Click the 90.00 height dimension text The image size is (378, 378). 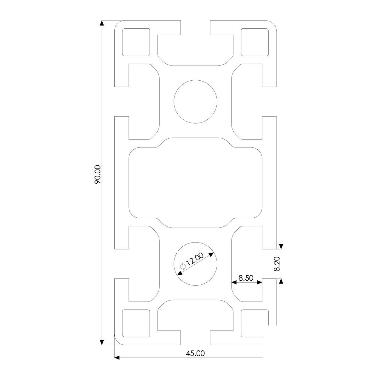(97, 175)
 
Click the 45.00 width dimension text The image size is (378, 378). (195, 353)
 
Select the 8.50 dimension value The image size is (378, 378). (246, 278)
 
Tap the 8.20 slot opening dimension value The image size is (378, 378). (277, 264)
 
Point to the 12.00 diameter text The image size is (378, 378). (195, 259)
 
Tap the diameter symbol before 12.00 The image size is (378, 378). (183, 266)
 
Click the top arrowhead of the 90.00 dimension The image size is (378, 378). (102, 23)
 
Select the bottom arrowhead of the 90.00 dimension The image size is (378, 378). (102, 342)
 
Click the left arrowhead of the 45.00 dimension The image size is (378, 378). (117, 358)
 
